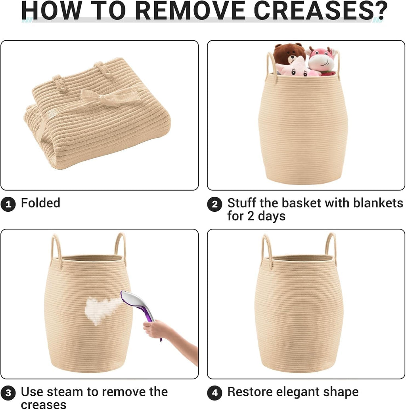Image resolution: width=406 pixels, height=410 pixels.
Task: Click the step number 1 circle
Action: point(8,204)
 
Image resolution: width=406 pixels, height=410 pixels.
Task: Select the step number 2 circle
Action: point(214,204)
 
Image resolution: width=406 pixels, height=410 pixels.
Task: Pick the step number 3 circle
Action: point(8,393)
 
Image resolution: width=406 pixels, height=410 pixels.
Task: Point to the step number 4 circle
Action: point(214,393)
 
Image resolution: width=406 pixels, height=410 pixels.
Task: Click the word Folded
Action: point(40,203)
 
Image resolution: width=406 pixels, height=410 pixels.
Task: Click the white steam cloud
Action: point(101,310)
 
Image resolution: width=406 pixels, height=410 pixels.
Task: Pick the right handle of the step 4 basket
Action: point(331,246)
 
